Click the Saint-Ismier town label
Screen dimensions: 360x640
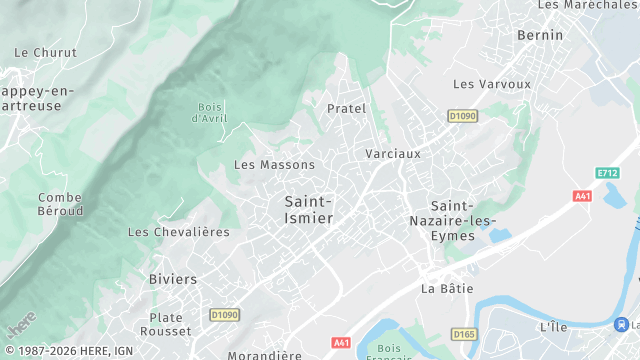[301, 209]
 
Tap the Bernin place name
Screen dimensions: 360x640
[540, 35]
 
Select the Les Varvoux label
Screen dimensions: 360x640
[492, 84]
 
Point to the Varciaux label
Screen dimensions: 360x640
[393, 154]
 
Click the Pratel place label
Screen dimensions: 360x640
[347, 108]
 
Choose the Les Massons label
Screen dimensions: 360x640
[274, 165]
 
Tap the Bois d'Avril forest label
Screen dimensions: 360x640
[210, 113]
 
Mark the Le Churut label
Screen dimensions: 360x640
[39, 52]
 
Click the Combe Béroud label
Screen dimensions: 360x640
[60, 205]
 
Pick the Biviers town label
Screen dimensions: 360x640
[173, 279]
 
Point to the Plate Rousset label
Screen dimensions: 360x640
[167, 324]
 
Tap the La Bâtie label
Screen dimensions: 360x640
[446, 289]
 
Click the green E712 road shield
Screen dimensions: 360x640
[606, 173]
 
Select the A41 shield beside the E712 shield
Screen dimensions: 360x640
[583, 196]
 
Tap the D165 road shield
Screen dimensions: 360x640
[463, 334]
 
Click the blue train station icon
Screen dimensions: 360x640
[623, 324]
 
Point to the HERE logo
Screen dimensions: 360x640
[19, 325]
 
